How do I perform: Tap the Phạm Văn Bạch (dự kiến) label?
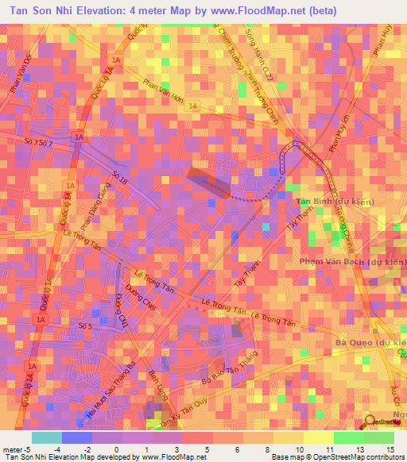pyautogui.click(x=353, y=260)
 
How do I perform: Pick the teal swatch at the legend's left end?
pyautogui.click(x=46, y=437)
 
